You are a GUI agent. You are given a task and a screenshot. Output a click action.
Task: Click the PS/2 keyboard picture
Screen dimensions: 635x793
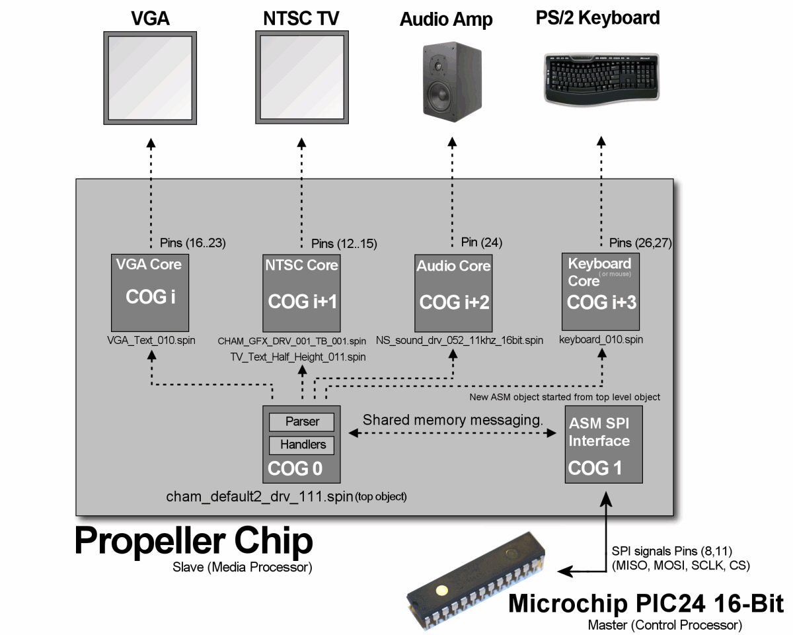pos(601,77)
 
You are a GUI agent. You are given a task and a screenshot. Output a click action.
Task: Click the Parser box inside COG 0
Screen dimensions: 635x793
pos(302,421)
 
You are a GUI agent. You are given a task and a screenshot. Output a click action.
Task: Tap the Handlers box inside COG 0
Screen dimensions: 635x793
pos(302,444)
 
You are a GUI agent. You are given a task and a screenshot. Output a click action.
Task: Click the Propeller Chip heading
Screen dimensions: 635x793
pos(193,540)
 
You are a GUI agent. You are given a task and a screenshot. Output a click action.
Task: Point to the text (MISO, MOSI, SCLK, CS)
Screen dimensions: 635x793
pos(681,566)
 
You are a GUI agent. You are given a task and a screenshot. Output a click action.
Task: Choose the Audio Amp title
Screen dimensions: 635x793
pos(446,19)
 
